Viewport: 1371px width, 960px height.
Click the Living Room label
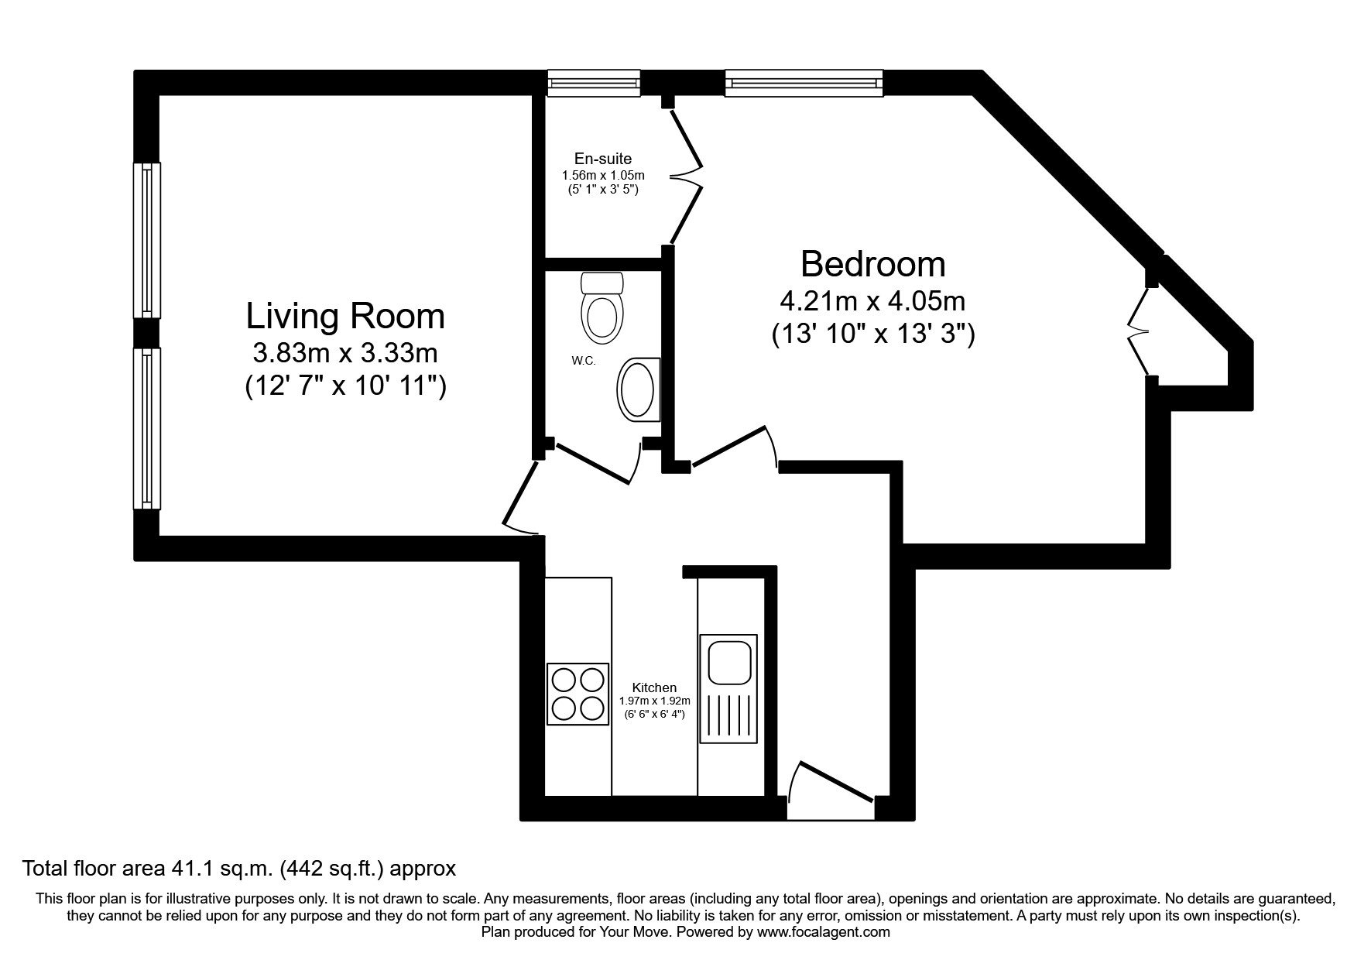(345, 317)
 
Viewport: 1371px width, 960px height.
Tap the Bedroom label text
(872, 264)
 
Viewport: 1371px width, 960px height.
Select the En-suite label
(603, 159)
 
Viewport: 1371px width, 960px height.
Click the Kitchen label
(654, 687)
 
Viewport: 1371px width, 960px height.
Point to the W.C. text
(584, 362)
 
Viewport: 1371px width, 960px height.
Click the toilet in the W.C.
(602, 308)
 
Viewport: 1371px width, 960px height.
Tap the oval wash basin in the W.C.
(638, 390)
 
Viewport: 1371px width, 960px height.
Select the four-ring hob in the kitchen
(578, 694)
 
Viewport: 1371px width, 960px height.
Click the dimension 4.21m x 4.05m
(872, 300)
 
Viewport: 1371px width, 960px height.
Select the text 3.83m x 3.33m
(345, 354)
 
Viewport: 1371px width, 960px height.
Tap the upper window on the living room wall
(147, 240)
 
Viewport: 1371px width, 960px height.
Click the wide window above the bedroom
(804, 83)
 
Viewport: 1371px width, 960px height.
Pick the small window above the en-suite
(594, 83)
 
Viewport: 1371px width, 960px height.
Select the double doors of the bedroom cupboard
(1138, 331)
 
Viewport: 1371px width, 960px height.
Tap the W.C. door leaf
(591, 464)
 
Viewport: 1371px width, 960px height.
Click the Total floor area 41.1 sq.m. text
(239, 869)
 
